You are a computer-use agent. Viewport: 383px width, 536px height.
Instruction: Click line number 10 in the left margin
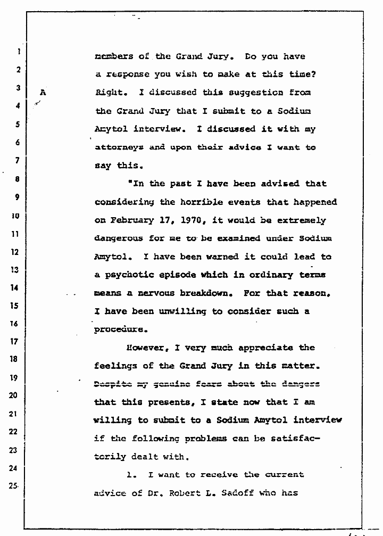point(16,216)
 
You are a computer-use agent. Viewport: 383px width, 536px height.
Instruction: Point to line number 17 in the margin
point(16,341)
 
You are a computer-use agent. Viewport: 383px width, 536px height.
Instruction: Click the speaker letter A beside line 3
point(43,92)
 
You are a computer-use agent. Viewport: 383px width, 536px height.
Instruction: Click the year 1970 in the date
point(187,220)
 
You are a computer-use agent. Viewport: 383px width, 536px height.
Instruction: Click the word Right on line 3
point(110,92)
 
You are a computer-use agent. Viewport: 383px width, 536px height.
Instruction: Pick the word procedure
point(120,329)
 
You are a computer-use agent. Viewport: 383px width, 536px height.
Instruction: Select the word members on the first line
point(113,56)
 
